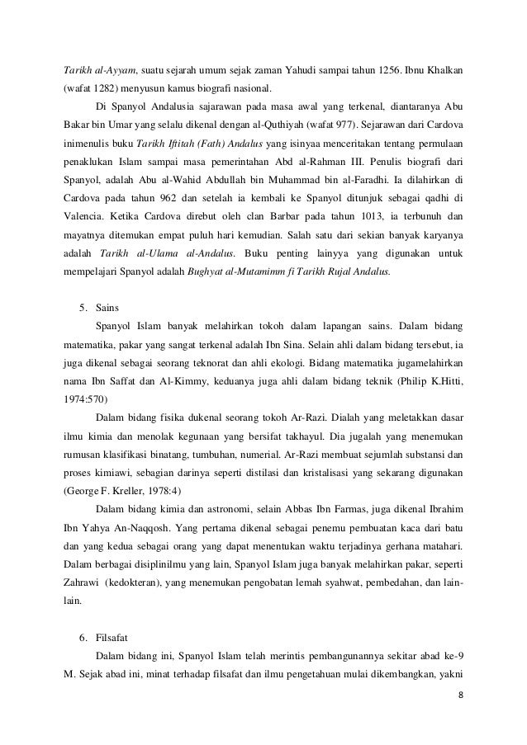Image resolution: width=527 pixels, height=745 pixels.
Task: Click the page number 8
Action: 459,695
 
